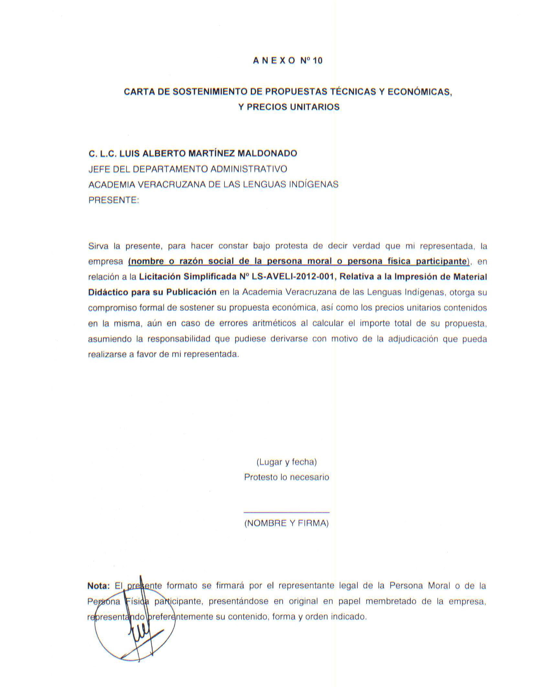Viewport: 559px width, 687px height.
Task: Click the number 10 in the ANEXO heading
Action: pos(318,61)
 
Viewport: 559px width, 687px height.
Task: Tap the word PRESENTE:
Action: pos(114,200)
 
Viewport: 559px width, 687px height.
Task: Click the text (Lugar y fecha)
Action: pos(287,462)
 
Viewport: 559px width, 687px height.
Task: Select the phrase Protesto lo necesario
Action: pos(287,477)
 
